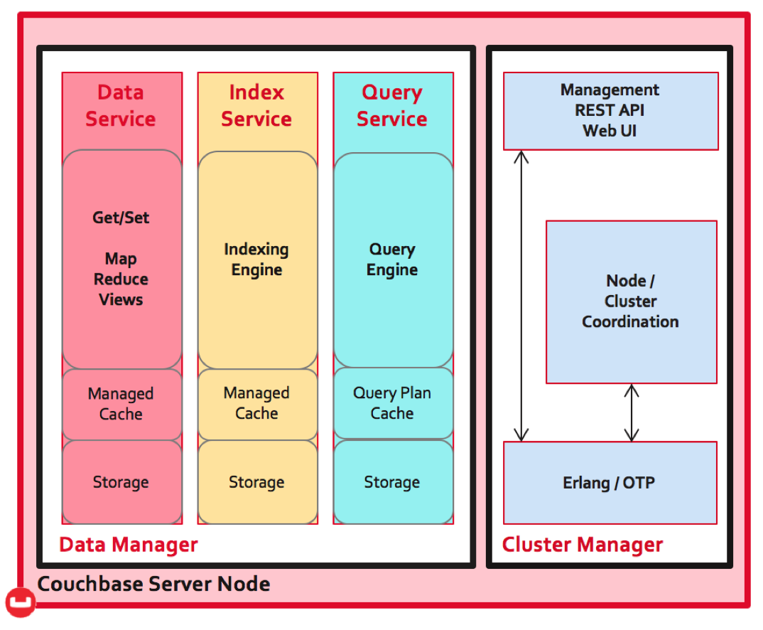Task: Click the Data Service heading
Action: pyautogui.click(x=121, y=106)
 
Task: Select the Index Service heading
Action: pyautogui.click(x=256, y=106)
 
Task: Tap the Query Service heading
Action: pyautogui.click(x=392, y=106)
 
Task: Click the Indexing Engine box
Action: pyautogui.click(x=257, y=260)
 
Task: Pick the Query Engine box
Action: pyautogui.click(x=393, y=260)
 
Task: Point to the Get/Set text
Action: pyautogui.click(x=121, y=217)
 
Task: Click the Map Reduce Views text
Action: pyautogui.click(x=121, y=279)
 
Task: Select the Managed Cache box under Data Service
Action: pyautogui.click(x=122, y=405)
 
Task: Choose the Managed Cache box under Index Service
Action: pyautogui.click(x=257, y=404)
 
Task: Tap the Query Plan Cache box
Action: pyautogui.click(x=393, y=403)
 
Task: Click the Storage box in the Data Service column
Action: pyautogui.click(x=122, y=482)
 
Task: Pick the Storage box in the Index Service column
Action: pyautogui.click(x=257, y=482)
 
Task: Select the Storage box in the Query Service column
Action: pyautogui.click(x=393, y=482)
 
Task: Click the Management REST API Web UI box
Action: pyautogui.click(x=611, y=111)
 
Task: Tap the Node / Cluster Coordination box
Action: pyautogui.click(x=631, y=302)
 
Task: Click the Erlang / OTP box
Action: pyautogui.click(x=610, y=483)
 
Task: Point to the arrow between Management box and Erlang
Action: pyautogui.click(x=521, y=296)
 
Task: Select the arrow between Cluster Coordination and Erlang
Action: pyautogui.click(x=631, y=413)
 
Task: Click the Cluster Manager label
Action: pyautogui.click(x=583, y=545)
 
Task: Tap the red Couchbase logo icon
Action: pyautogui.click(x=21, y=602)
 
